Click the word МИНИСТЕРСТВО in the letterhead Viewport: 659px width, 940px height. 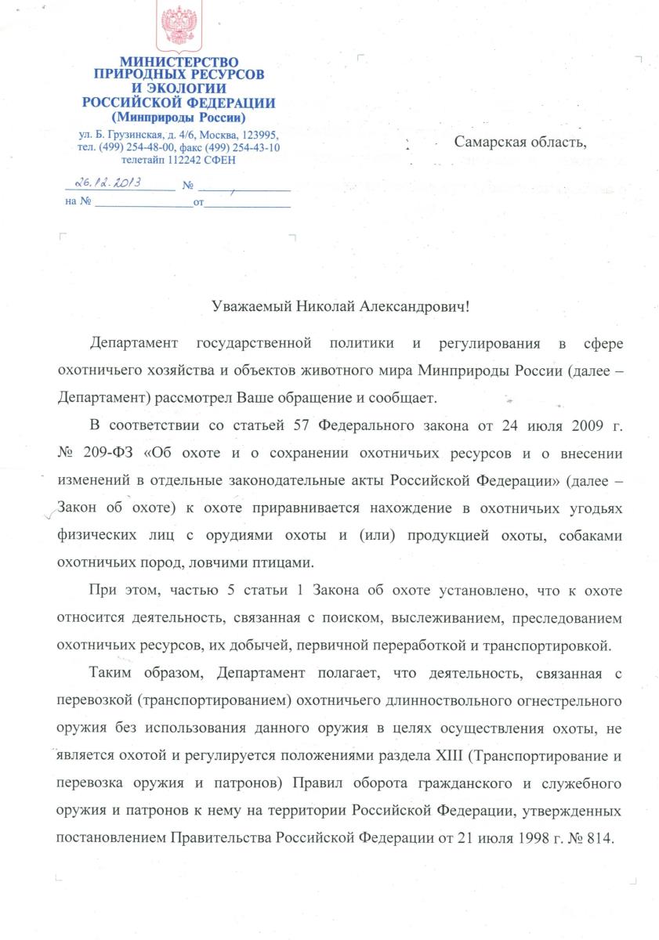179,62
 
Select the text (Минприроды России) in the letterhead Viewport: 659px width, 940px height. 179,117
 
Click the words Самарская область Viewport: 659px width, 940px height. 520,142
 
